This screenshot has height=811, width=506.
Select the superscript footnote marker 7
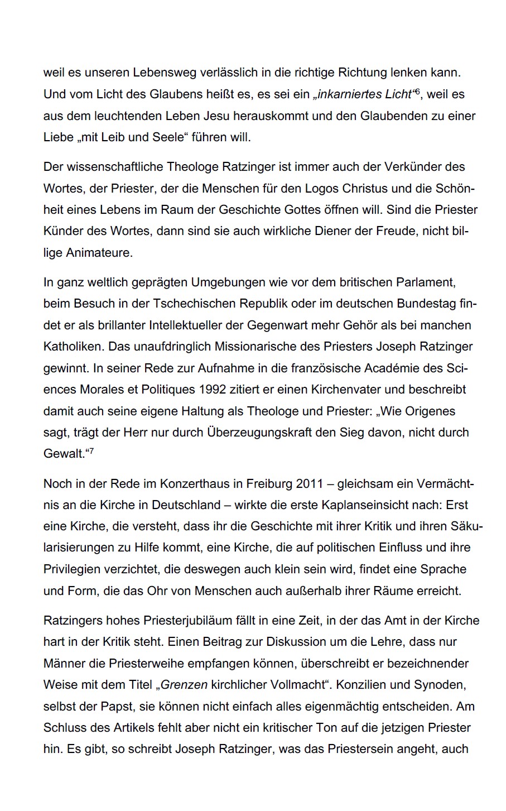(91, 450)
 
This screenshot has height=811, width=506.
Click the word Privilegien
(72, 569)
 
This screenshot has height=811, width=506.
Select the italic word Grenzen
(184, 684)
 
